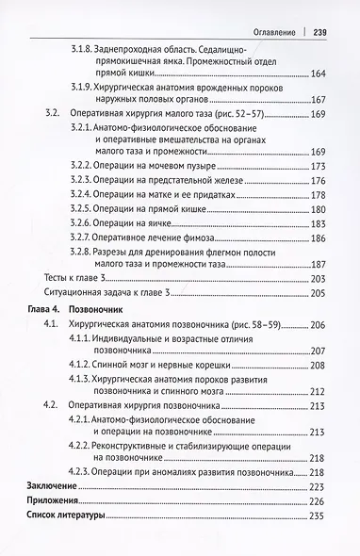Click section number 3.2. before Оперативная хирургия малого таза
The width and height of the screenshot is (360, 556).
click(53, 114)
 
